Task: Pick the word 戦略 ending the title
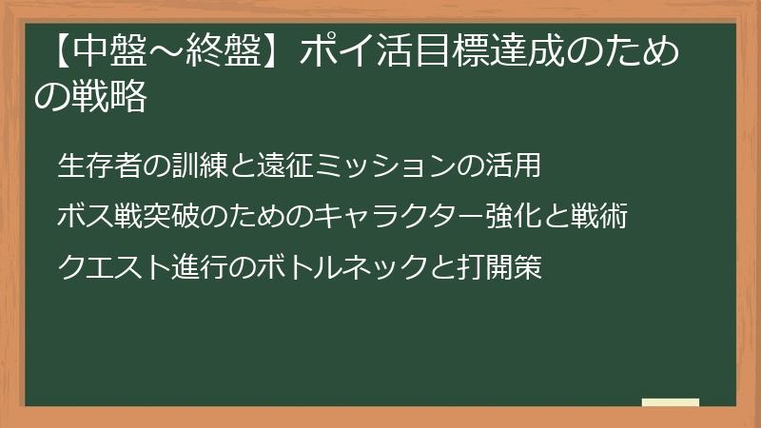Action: pyautogui.click(x=104, y=97)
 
